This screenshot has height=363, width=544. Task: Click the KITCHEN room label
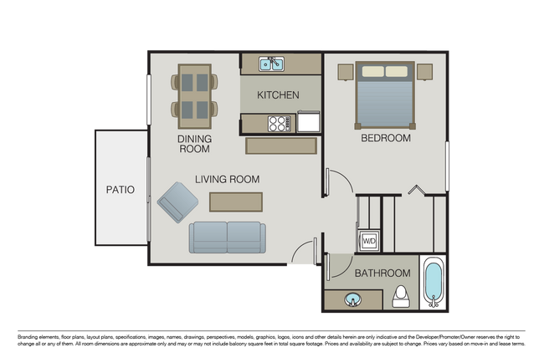click(278, 95)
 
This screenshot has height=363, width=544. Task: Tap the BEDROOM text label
click(385, 138)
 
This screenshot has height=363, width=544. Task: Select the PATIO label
click(120, 190)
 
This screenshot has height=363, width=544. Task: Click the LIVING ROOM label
click(227, 179)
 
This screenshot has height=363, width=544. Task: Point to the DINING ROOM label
click(193, 144)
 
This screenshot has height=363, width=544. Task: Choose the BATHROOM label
click(382, 274)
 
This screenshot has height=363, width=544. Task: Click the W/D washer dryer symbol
click(368, 242)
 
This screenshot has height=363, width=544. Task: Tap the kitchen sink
click(271, 64)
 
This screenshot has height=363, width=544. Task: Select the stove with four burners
click(278, 123)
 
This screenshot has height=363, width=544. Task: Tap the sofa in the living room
click(226, 237)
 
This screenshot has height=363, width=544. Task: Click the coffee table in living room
click(235, 202)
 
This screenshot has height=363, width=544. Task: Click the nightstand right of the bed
click(424, 71)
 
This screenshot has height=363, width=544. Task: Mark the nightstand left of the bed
click(344, 71)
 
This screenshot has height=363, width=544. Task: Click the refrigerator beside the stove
click(308, 122)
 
